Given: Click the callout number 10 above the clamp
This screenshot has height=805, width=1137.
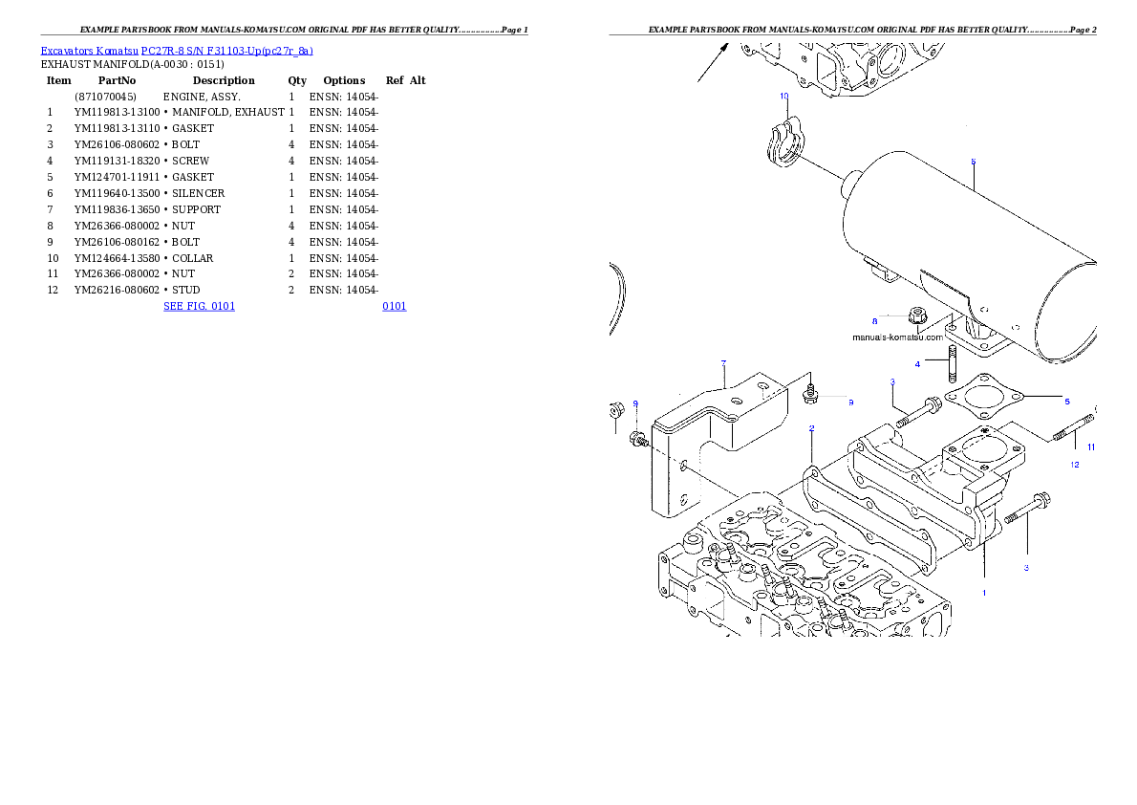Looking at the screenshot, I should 783,97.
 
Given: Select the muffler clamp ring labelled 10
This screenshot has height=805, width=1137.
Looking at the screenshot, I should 782,146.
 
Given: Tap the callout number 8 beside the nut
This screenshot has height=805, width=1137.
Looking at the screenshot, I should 873,321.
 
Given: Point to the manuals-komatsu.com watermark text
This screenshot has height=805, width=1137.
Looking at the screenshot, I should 897,337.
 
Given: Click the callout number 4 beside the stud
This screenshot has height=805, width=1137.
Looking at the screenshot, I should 917,364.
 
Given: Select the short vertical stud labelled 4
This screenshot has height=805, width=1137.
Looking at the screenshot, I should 953,364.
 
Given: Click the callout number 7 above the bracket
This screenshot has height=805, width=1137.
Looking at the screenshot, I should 723,363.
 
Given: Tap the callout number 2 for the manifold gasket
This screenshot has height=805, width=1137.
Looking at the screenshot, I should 811,428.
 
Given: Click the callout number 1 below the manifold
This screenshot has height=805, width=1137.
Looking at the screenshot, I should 983,593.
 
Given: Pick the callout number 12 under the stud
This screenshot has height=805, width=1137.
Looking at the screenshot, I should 1074,465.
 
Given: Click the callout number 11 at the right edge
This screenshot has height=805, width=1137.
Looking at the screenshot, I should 1091,447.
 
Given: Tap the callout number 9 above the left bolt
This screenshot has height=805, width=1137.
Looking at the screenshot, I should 635,403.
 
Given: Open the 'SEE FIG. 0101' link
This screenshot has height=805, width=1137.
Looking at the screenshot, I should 199,306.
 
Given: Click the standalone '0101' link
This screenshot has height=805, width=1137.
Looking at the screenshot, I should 394,306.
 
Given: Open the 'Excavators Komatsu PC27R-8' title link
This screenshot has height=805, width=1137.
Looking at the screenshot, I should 177,51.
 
